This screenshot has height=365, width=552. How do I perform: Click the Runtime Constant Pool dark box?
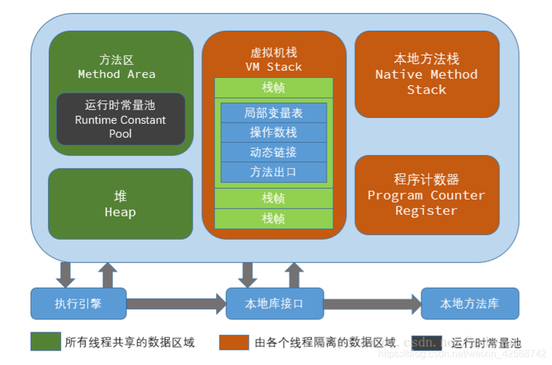coord(121,119)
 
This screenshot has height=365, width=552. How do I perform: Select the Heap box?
coord(121,204)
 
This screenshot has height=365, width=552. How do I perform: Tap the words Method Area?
coord(117,74)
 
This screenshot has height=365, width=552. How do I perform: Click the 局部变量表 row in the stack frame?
coord(273,113)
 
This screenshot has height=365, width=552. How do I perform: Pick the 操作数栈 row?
coord(273,133)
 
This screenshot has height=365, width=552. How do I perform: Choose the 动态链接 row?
coord(273,153)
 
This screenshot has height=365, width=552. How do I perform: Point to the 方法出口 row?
coord(273,172)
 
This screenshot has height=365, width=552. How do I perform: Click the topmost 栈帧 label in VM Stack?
coord(273,88)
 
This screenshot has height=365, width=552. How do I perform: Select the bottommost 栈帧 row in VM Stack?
coord(273,219)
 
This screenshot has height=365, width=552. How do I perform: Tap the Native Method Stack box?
coord(427,74)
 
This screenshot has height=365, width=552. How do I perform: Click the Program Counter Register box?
coord(427,195)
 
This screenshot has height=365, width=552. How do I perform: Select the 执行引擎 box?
coord(79,304)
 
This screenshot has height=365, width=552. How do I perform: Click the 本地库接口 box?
coord(274,304)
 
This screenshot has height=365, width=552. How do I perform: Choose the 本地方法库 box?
coord(470,304)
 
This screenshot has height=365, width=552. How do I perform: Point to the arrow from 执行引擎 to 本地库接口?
coord(176,304)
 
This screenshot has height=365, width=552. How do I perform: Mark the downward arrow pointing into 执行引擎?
coord(65,274)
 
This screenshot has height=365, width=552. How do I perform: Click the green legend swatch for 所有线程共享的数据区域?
coord(46,342)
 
